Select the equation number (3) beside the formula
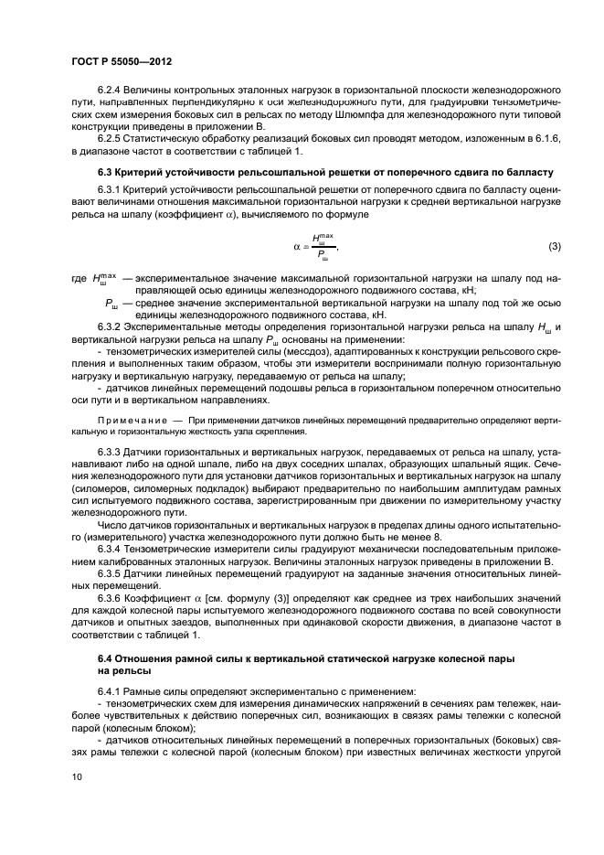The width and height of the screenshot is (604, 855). [x=554, y=248]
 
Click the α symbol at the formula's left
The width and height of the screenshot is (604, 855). [x=297, y=247]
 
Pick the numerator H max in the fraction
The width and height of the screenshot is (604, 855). [x=320, y=238]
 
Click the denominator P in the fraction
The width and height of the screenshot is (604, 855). [x=319, y=257]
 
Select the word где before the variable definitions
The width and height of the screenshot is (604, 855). [x=79, y=276]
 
